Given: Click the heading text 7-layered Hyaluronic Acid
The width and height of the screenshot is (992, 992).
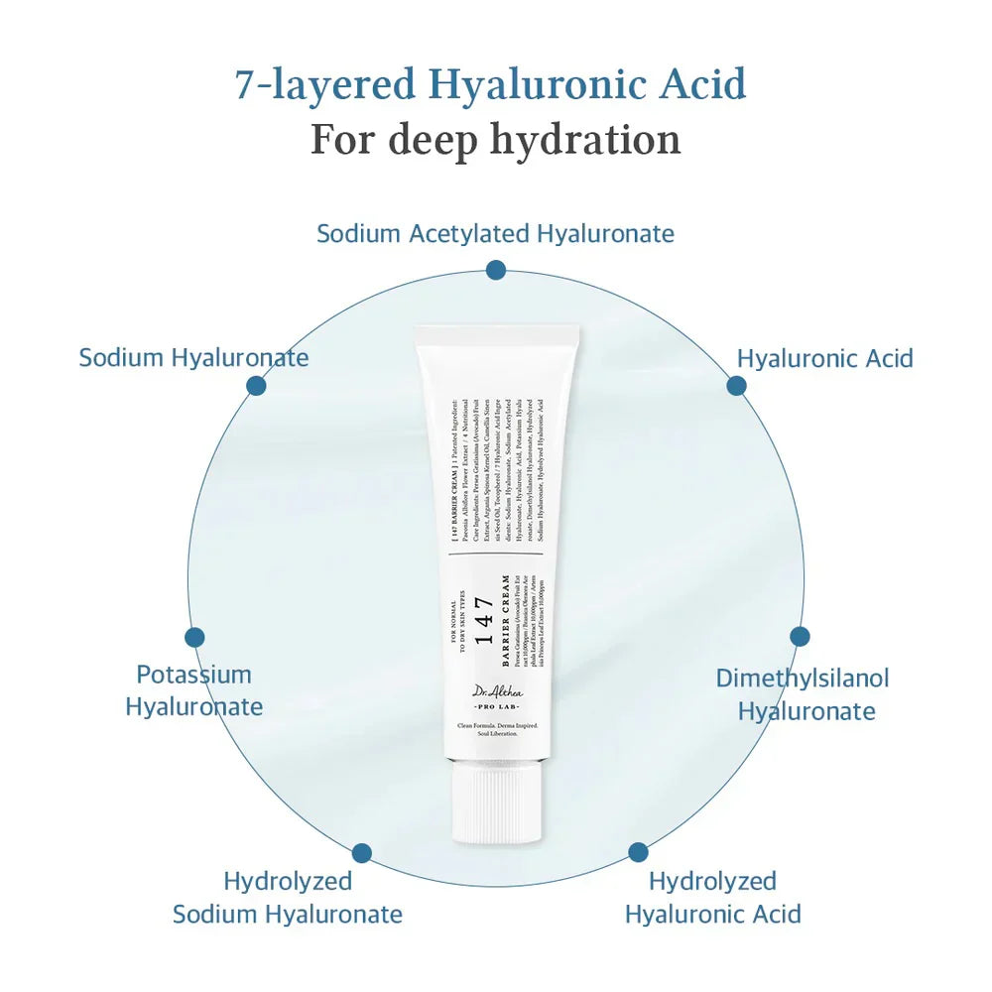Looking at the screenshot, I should point(490,84).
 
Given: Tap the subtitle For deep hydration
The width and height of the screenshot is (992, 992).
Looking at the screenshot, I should point(495,139).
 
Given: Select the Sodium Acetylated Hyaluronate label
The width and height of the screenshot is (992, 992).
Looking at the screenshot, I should point(495,234).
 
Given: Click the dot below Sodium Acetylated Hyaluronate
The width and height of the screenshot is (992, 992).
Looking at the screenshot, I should point(496,270).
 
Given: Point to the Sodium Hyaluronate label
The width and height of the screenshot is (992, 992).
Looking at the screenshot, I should point(193,357).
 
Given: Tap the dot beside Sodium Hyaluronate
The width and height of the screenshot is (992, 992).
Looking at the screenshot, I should point(256,386).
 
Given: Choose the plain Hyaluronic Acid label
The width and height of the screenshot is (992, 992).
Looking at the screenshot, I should point(824,358).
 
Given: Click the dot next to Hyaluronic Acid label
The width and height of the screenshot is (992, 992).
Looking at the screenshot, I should point(736,386).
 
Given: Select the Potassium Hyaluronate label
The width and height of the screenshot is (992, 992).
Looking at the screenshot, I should point(194,690).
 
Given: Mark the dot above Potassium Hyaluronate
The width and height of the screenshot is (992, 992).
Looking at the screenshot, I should point(194,638).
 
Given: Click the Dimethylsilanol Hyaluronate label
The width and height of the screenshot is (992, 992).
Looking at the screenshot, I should point(803,694).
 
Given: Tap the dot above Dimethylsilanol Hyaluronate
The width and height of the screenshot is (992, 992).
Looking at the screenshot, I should point(800,637).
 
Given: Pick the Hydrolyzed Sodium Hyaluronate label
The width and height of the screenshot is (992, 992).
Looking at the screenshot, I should point(288,897).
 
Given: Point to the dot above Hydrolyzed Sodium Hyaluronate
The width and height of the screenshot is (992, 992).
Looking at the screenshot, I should point(362,852).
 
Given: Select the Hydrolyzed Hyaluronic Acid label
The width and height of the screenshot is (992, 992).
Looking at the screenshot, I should point(712,897).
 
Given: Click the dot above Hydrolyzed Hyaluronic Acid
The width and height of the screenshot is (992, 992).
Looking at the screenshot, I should point(638,852).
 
